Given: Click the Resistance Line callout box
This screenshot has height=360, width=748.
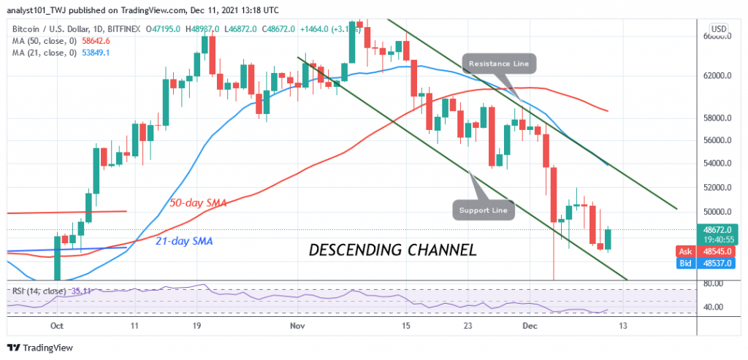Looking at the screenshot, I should click(x=499, y=64).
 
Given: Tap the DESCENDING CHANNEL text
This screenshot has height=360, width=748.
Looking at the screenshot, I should click(x=393, y=250).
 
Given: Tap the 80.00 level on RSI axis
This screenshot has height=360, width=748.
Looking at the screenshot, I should click(x=713, y=283).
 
